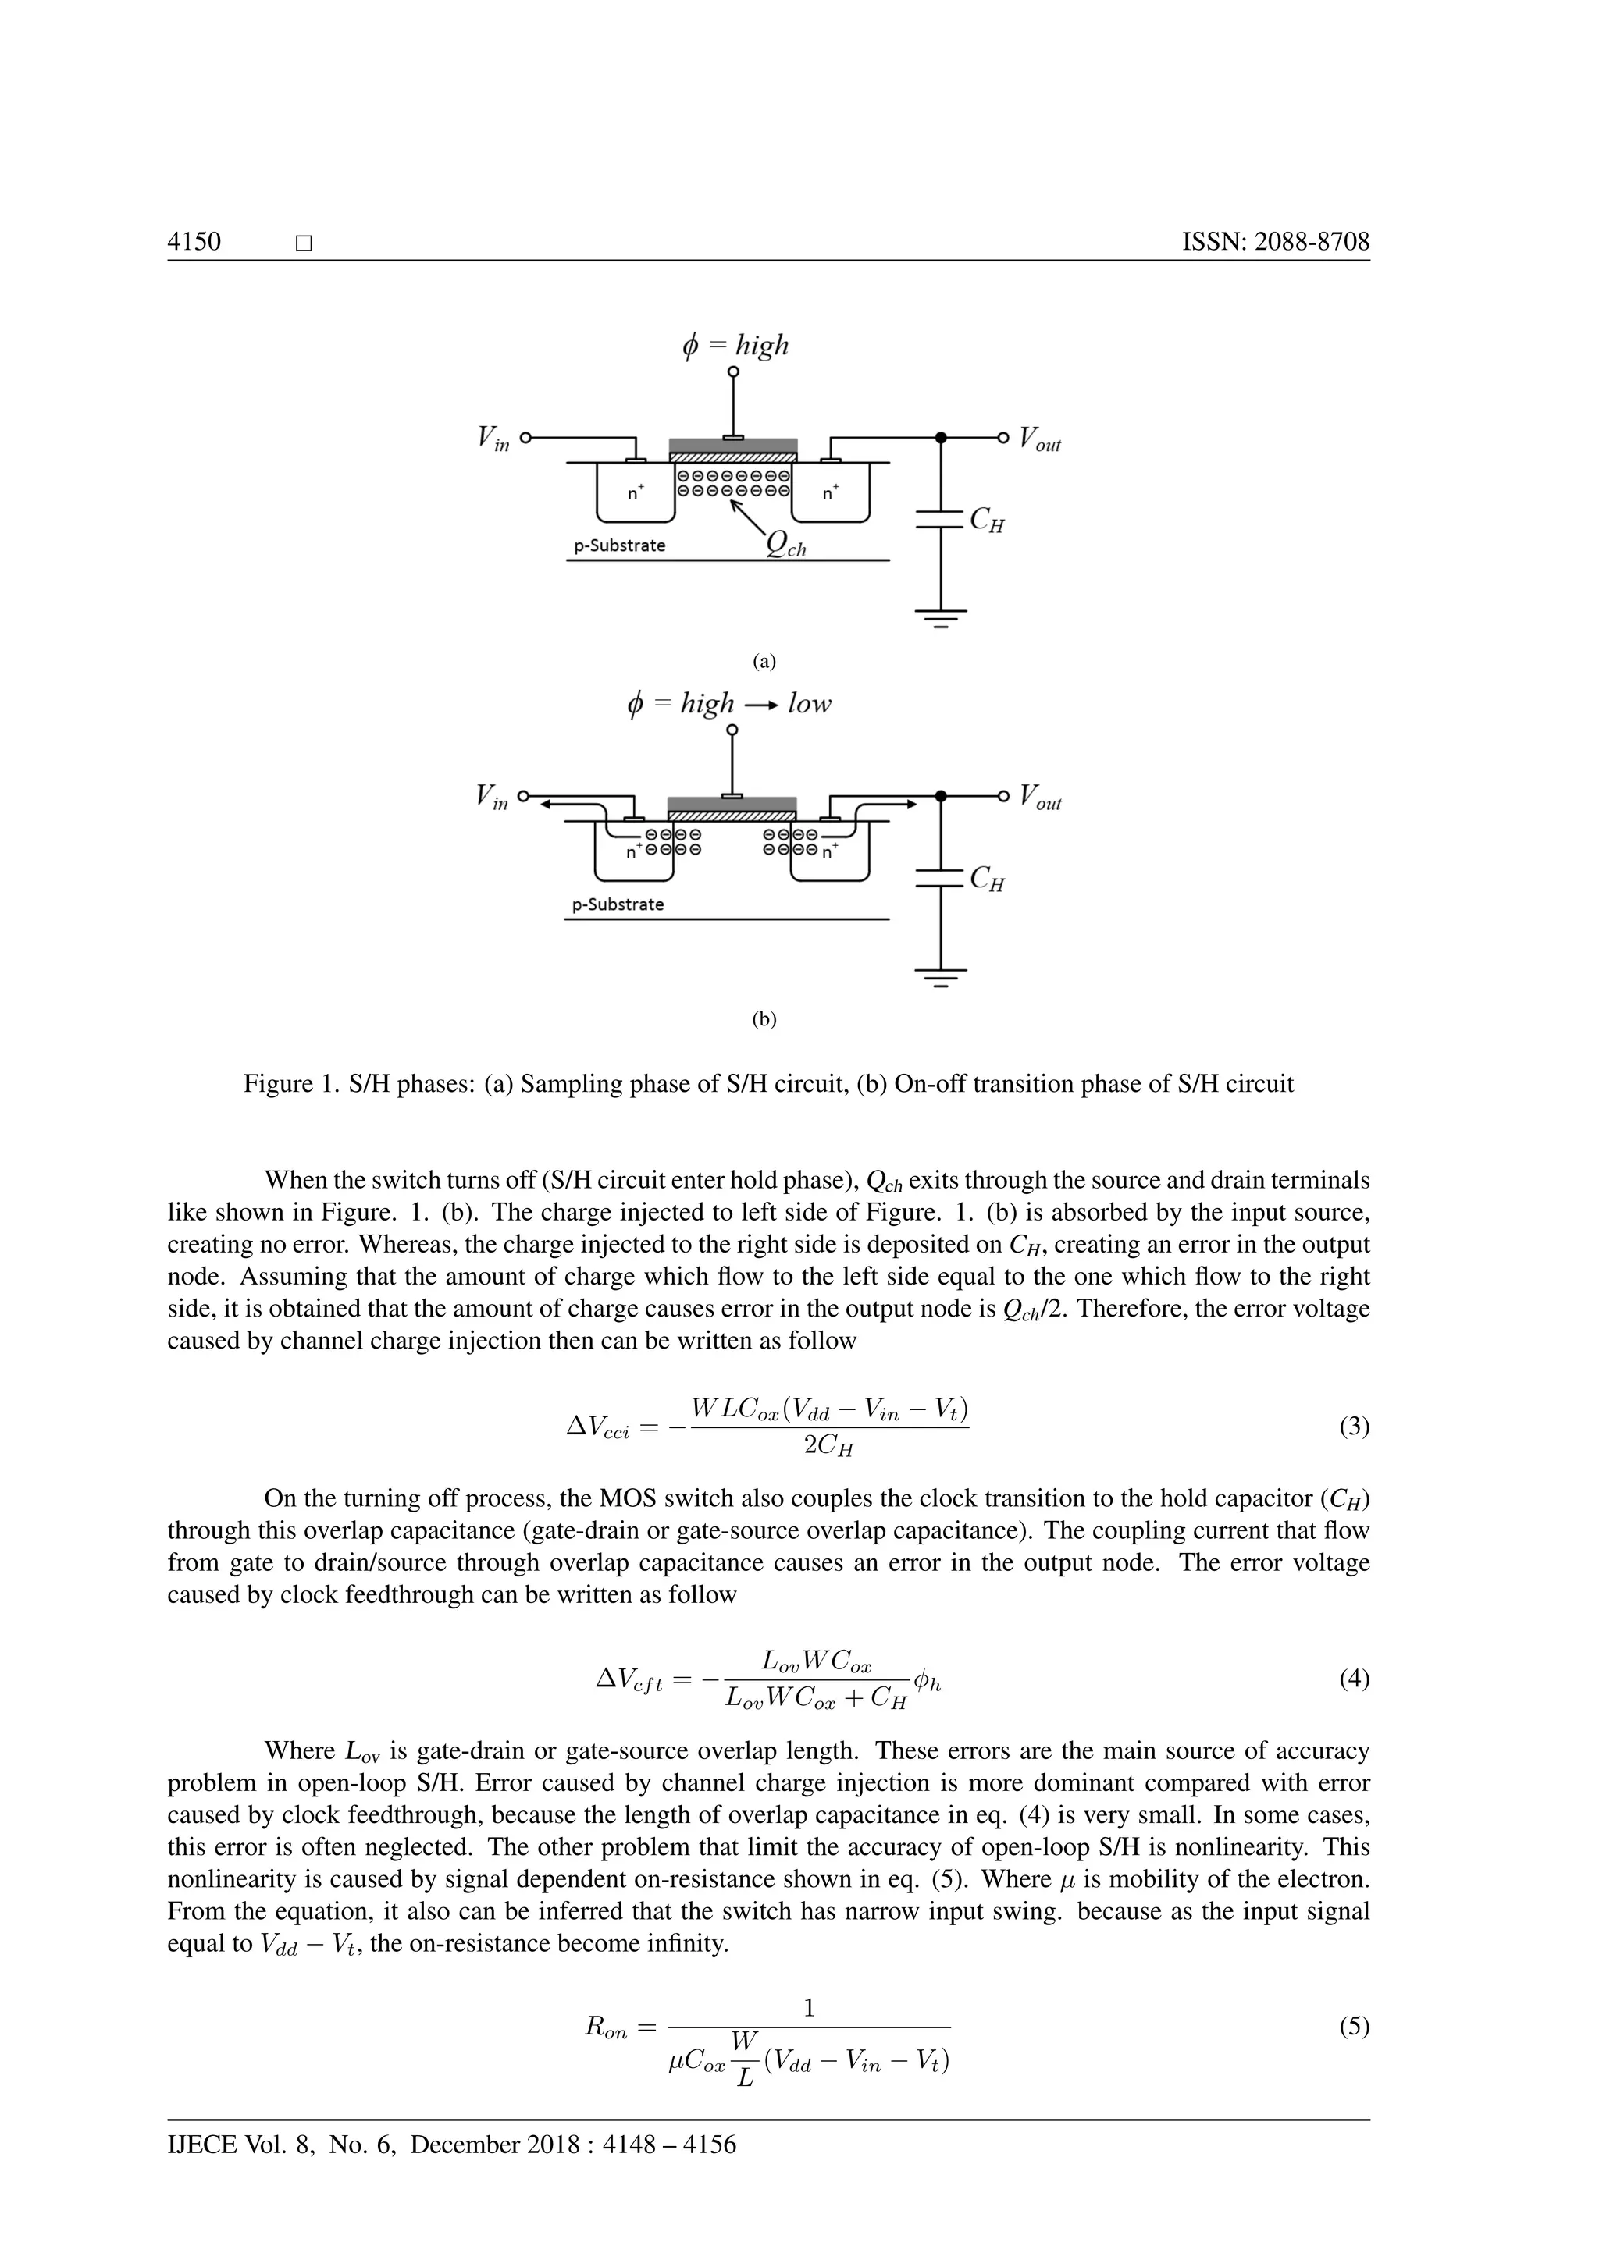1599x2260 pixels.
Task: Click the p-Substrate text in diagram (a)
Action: (x=620, y=545)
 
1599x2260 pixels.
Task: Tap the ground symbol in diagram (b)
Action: (x=942, y=977)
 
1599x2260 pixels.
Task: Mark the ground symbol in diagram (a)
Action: (x=942, y=618)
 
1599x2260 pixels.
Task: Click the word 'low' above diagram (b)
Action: (x=810, y=704)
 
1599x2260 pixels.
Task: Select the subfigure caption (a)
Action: (x=765, y=662)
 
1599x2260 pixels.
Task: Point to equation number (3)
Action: (x=1354, y=1427)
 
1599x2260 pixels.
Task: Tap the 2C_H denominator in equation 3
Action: (x=828, y=1447)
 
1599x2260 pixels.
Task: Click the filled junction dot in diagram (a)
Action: (x=942, y=437)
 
